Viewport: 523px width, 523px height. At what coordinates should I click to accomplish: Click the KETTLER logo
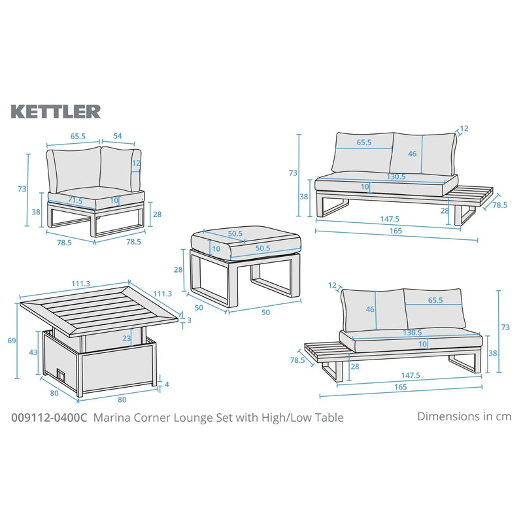coord(56,112)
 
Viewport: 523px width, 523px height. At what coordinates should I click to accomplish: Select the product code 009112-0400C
coord(50,417)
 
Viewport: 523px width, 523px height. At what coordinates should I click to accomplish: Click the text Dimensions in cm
coord(464,416)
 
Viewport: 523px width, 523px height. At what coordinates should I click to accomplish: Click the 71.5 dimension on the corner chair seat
coord(76,200)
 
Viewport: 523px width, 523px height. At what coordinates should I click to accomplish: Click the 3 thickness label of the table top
coord(190,320)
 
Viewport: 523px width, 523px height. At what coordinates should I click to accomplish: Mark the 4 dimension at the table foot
coord(167,384)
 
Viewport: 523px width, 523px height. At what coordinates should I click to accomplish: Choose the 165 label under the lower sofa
coord(401,387)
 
